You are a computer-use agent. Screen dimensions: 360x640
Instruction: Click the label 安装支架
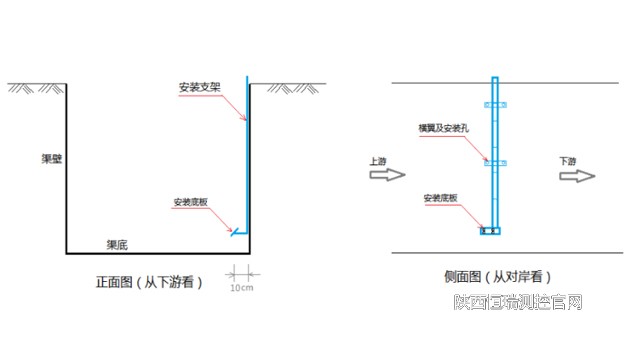point(197,87)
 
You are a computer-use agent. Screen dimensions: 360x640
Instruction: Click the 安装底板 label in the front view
point(191,201)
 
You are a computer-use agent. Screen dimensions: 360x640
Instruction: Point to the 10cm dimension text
point(240,286)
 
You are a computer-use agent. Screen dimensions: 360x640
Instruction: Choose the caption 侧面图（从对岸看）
point(497,276)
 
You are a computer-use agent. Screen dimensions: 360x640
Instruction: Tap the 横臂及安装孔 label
point(440,129)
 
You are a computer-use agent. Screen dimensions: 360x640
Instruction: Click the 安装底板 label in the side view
point(441,198)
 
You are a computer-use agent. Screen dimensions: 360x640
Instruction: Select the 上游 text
point(378,160)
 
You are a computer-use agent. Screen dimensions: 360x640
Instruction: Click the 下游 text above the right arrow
point(568,160)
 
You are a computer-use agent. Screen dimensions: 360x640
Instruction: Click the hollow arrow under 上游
point(385,175)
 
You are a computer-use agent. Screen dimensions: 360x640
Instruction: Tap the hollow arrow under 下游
point(576,175)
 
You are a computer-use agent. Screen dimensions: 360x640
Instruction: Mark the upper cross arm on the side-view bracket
point(496,103)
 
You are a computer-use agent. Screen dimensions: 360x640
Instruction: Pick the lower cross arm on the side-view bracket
point(496,161)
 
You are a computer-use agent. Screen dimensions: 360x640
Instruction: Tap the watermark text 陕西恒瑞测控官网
point(518,302)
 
